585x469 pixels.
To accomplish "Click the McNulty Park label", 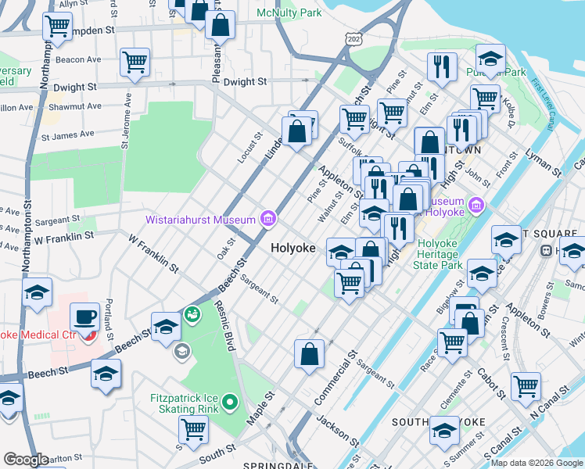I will [289, 13].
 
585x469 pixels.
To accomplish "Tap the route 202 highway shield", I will [355, 38].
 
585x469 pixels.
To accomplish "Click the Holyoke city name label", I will [293, 248].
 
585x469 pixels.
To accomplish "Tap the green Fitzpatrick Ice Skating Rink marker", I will [229, 403].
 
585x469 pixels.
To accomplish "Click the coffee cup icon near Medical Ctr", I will [84, 317].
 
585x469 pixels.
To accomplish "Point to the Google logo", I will [26, 460].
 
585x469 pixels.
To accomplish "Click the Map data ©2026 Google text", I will [537, 462].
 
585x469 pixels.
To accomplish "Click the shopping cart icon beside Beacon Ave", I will [135, 62].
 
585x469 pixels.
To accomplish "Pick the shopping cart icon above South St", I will [193, 428].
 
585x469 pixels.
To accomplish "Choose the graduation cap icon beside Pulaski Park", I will [490, 59].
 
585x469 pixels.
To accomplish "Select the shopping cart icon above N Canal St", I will [526, 385].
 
